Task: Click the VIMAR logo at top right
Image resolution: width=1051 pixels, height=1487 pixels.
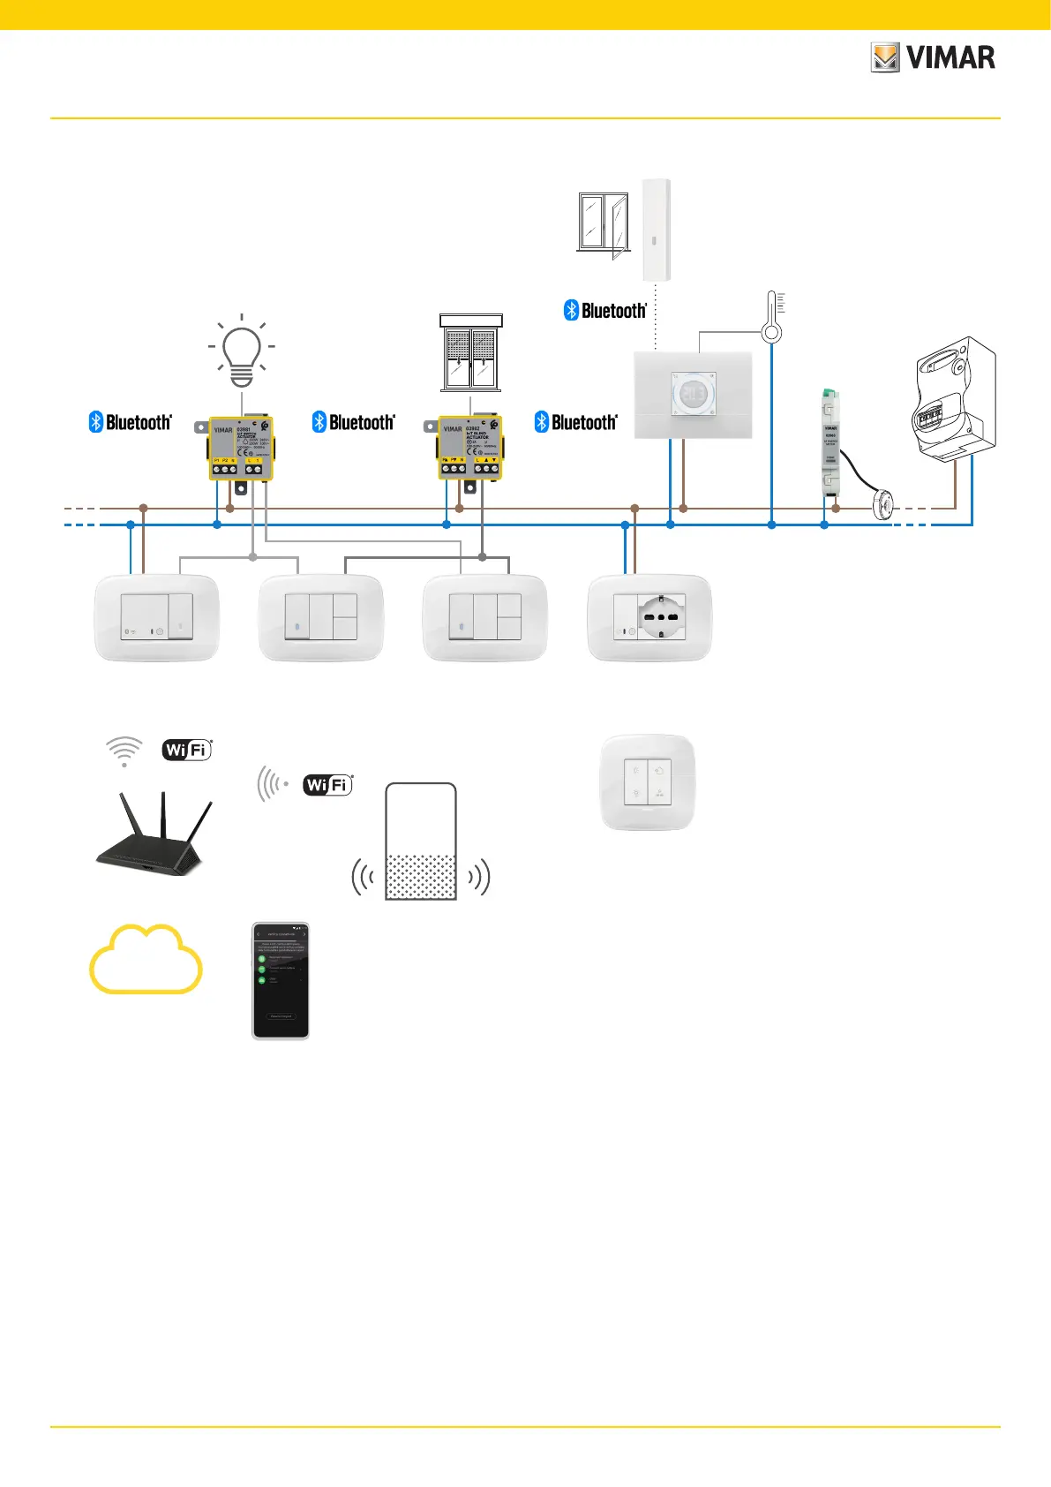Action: click(933, 58)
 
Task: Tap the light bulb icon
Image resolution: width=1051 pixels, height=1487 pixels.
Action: click(241, 351)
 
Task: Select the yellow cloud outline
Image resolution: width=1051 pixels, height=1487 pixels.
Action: click(146, 960)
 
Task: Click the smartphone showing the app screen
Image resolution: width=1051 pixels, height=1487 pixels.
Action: click(281, 981)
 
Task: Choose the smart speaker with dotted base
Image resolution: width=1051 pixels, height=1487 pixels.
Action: click(421, 842)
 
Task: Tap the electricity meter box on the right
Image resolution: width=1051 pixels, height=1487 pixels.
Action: click(955, 400)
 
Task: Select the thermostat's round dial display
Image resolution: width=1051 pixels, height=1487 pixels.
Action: click(694, 393)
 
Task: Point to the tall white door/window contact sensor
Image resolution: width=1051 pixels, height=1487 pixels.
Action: click(656, 230)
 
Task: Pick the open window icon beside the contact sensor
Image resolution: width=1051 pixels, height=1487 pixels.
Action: click(604, 223)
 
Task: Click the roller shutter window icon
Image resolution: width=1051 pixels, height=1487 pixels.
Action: click(471, 353)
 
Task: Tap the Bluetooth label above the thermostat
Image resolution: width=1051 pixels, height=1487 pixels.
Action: click(605, 311)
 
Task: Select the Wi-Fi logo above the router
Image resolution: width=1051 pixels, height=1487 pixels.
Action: click(187, 750)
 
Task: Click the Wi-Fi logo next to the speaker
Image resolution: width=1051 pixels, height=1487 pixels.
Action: click(327, 784)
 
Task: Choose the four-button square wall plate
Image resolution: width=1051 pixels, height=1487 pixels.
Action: click(648, 782)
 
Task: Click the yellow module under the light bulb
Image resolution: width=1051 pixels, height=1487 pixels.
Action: click(241, 449)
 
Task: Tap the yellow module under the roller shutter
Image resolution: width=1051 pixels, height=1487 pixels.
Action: click(470, 449)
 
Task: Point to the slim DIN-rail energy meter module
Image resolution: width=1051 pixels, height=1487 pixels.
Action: click(830, 442)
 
